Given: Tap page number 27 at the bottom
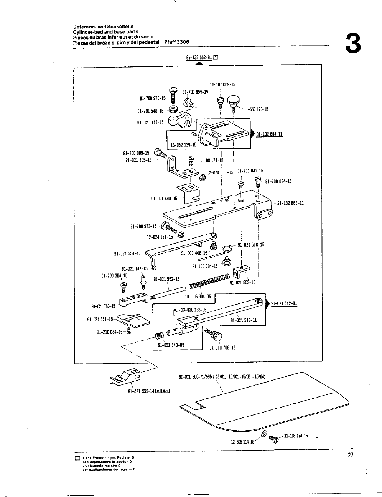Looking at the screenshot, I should point(350,456).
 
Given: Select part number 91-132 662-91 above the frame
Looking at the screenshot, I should point(199,58).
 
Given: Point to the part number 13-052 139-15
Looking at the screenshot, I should point(183,145).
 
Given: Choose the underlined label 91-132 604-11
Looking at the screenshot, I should point(269,134).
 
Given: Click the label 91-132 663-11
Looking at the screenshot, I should point(290,203).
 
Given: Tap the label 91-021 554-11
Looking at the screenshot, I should point(127,253).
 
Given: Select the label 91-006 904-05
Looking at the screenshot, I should point(198,297).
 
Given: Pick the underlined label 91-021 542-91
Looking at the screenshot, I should point(284,303).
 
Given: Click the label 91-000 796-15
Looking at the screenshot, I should point(222,348).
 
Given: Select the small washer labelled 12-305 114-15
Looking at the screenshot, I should point(264,434).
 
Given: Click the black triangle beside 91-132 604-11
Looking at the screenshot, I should point(253,134).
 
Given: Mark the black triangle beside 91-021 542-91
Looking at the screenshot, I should point(268,303).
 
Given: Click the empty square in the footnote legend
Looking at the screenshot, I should point(77,459).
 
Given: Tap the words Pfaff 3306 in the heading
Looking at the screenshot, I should point(176,42).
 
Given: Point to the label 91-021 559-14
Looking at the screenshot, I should point(141,391).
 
